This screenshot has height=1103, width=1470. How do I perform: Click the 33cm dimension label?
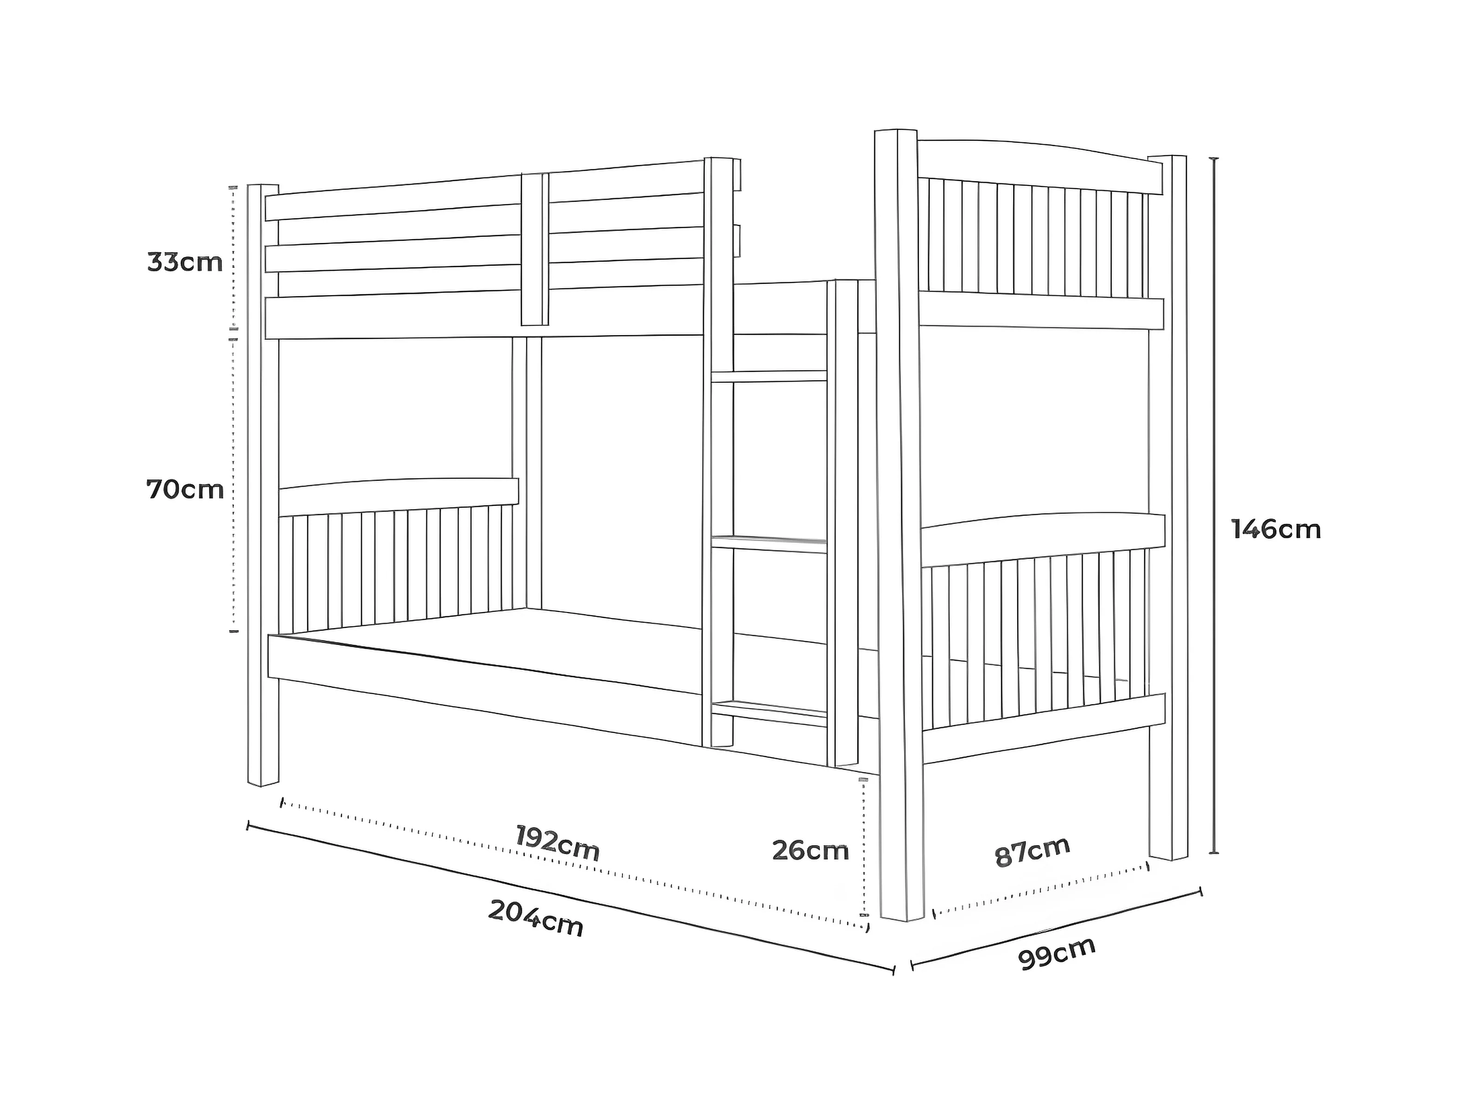[185, 262]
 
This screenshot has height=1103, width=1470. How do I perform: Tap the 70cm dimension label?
[185, 490]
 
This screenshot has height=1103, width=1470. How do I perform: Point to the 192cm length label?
[558, 843]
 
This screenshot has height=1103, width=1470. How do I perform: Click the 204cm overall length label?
[536, 918]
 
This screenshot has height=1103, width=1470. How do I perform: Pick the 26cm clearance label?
[810, 850]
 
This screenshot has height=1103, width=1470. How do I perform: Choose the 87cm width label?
[1032, 852]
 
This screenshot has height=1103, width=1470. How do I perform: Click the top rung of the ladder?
[769, 376]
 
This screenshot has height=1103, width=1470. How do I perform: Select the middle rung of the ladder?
[769, 543]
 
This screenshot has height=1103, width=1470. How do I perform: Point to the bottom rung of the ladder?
[769, 710]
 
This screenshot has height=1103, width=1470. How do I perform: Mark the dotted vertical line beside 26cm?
[864, 844]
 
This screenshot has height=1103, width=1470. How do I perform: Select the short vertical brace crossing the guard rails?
[534, 249]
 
